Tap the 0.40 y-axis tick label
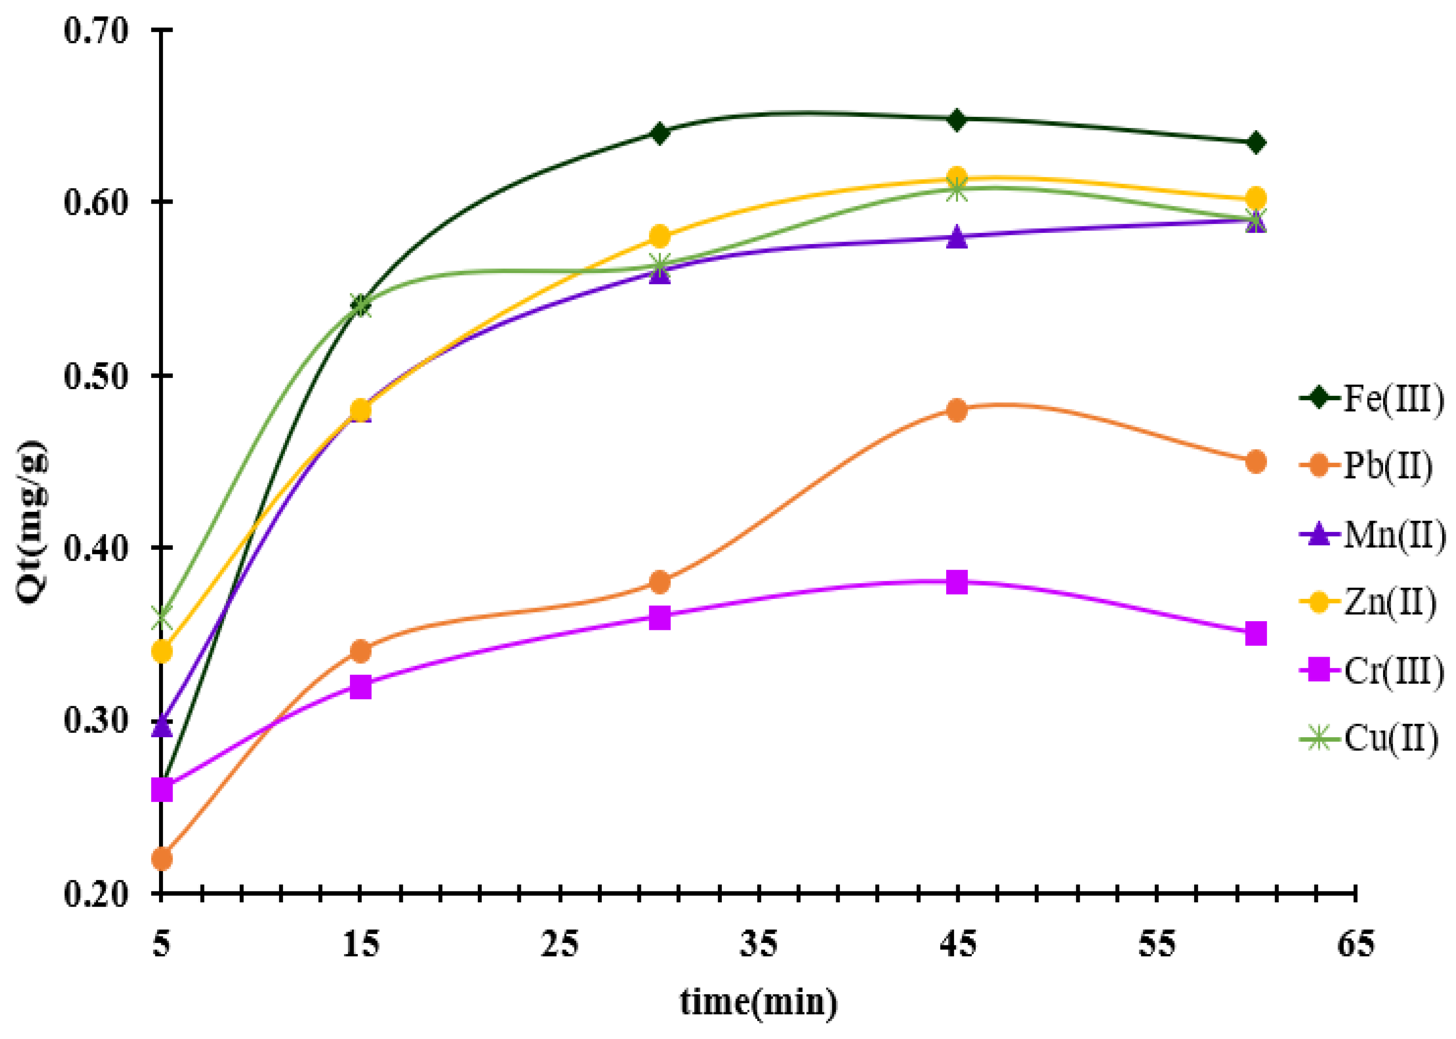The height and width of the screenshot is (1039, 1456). click(96, 548)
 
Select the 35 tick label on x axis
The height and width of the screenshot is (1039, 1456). click(758, 945)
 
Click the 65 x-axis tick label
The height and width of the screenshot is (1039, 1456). click(1355, 945)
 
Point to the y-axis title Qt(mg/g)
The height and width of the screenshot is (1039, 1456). click(32, 521)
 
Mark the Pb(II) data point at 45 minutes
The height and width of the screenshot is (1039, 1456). click(957, 410)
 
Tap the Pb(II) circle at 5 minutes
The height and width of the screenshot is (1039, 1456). click(162, 858)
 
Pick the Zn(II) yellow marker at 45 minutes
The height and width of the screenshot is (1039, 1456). click(957, 177)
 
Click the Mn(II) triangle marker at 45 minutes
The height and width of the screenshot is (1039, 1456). click(957, 237)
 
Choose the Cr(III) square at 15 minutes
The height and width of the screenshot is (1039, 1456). click(361, 687)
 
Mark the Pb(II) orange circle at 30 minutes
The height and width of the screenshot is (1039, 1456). click(659, 582)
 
